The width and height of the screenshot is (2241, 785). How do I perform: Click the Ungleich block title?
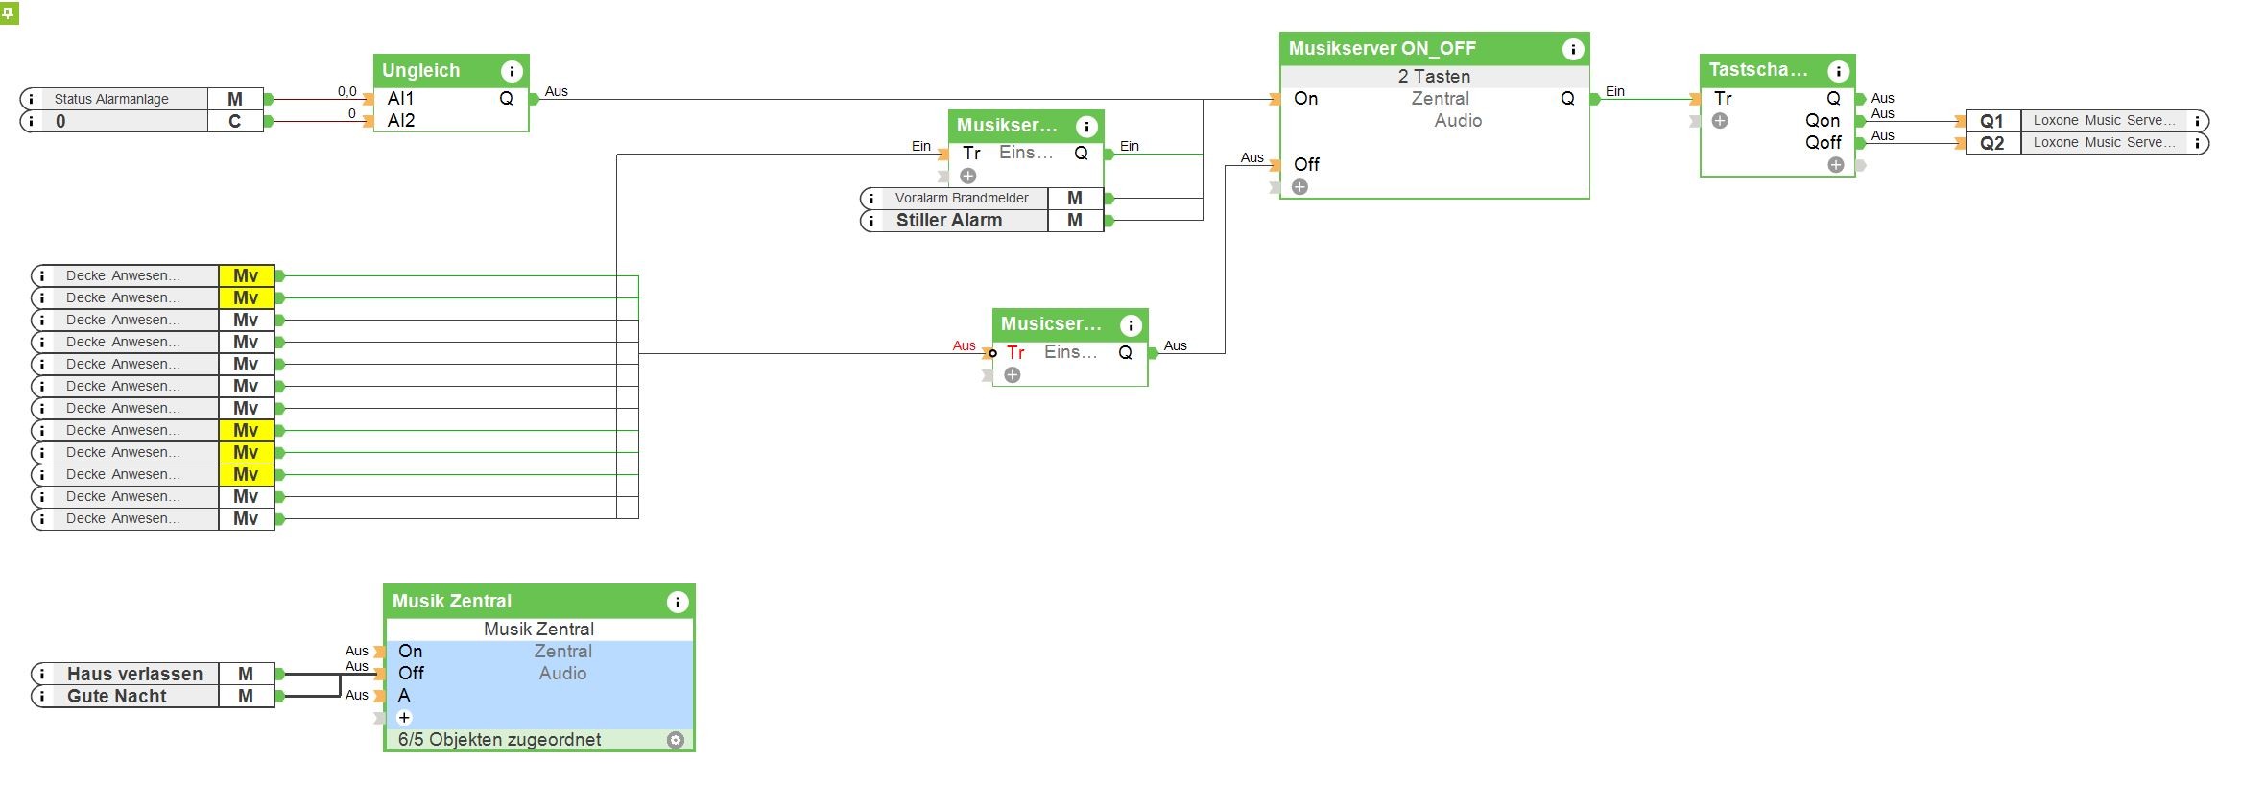[421, 70]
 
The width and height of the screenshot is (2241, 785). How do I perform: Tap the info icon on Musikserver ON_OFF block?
[1572, 49]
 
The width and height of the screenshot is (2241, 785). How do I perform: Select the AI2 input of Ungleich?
[401, 120]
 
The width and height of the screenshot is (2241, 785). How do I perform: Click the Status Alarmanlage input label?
[111, 99]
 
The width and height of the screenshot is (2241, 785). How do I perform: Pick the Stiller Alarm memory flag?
[948, 221]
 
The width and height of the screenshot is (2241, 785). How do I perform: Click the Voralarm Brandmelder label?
[961, 198]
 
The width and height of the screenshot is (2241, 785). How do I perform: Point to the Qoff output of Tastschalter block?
[1823, 143]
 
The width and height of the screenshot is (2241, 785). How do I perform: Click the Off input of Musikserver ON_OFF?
[1306, 165]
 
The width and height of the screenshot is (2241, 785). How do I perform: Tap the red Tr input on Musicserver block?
[1015, 353]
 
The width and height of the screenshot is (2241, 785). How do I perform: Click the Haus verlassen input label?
[134, 674]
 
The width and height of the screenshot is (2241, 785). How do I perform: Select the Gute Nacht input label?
[117, 696]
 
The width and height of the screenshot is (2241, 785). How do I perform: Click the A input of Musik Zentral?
[404, 695]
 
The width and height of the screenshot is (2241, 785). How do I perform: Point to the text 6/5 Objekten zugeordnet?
[499, 740]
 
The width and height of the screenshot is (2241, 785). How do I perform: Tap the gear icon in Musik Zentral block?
[676, 740]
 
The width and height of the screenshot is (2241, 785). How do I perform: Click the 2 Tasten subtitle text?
[1434, 77]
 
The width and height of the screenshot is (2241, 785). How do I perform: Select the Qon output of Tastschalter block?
[1822, 121]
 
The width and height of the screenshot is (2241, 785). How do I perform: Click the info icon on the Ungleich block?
[512, 71]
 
